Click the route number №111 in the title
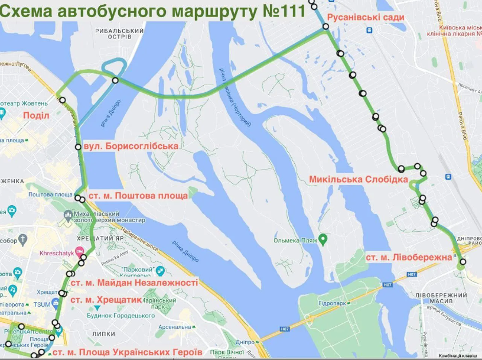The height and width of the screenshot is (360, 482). pyautogui.click(x=279, y=10)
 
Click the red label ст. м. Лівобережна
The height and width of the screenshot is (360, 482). pyautogui.click(x=409, y=258)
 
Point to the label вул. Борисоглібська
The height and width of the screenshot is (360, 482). pyautogui.click(x=130, y=146)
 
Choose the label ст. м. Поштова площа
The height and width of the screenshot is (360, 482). pyautogui.click(x=138, y=195)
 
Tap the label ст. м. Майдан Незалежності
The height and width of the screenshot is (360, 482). pyautogui.click(x=133, y=283)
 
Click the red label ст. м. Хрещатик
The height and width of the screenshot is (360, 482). pyautogui.click(x=106, y=300)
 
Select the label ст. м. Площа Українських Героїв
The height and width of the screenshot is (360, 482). pyautogui.click(x=127, y=352)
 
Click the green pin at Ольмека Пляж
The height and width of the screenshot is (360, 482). pyautogui.click(x=323, y=239)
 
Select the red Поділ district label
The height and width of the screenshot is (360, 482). pyautogui.click(x=35, y=115)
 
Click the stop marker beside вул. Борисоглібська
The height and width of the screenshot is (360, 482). pyautogui.click(x=78, y=147)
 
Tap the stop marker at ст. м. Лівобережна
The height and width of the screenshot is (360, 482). pyautogui.click(x=463, y=262)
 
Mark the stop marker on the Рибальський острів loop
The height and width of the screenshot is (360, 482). pyautogui.click(x=115, y=80)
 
